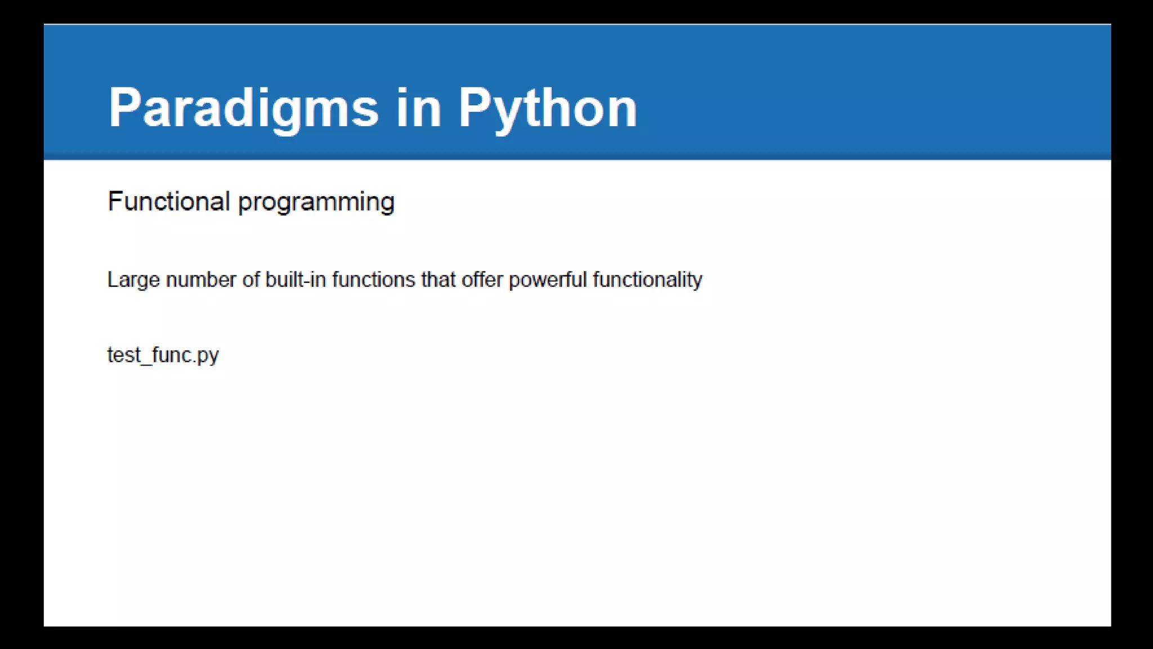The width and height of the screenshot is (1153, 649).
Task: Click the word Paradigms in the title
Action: (x=243, y=108)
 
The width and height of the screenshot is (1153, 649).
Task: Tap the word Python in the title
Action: (x=547, y=108)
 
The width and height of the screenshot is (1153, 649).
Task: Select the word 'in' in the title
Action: (x=418, y=108)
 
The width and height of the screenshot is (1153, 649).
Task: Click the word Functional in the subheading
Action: (x=169, y=202)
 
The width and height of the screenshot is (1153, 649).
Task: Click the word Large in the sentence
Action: (x=133, y=280)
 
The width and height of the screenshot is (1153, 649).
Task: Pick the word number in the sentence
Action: (x=201, y=280)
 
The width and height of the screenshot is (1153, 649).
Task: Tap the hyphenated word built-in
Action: (x=296, y=280)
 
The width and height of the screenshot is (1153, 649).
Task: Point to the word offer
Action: (x=482, y=280)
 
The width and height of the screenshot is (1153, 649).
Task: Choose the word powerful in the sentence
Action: (x=548, y=280)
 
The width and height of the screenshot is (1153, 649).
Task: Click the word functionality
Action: (x=647, y=280)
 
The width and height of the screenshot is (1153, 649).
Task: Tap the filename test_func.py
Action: (x=163, y=355)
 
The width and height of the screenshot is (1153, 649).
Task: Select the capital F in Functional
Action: (x=114, y=202)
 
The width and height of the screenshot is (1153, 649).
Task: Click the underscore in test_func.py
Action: (x=147, y=363)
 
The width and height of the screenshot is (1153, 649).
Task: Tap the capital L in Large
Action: (x=112, y=280)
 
